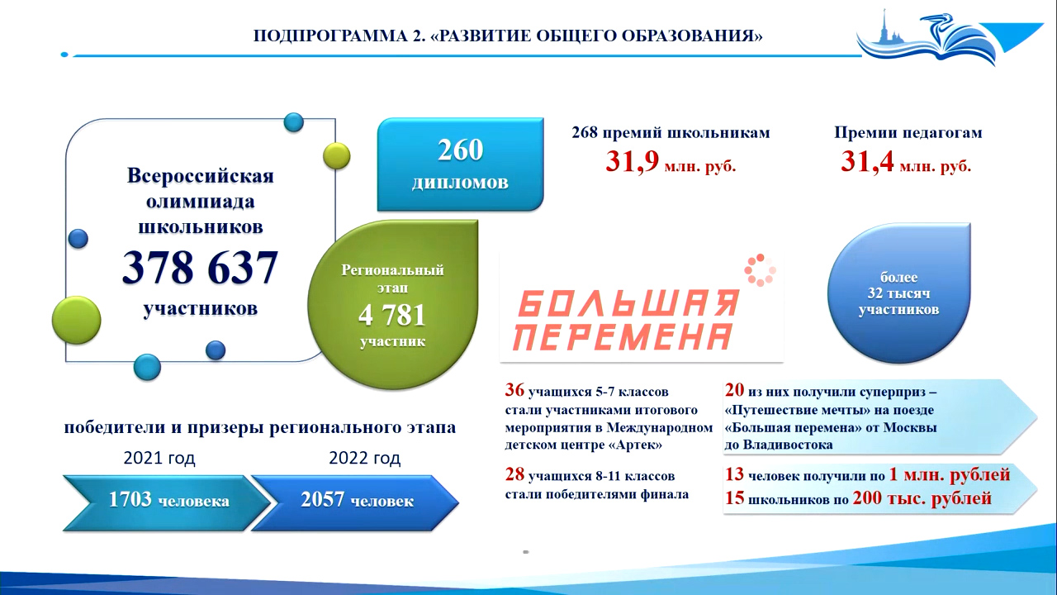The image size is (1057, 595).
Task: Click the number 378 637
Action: point(200,267)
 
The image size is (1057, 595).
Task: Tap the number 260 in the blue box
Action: point(460,150)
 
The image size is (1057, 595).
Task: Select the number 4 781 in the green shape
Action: point(392,316)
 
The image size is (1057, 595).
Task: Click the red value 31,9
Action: point(632,162)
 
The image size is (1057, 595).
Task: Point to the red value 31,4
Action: point(867,162)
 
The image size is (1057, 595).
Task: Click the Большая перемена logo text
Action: point(627,320)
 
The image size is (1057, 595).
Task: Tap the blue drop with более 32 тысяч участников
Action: point(899,293)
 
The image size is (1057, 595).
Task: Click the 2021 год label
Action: point(159,458)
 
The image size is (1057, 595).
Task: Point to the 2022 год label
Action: point(364,458)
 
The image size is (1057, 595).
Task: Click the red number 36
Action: point(514,390)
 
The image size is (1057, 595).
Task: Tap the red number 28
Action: point(514,474)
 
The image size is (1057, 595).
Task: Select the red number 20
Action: point(734,390)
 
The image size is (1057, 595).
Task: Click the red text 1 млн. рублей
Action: point(950,474)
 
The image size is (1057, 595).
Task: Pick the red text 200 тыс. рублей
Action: point(922,498)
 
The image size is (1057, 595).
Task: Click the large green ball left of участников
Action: point(77,320)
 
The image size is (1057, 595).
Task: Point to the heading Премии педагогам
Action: point(908,133)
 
